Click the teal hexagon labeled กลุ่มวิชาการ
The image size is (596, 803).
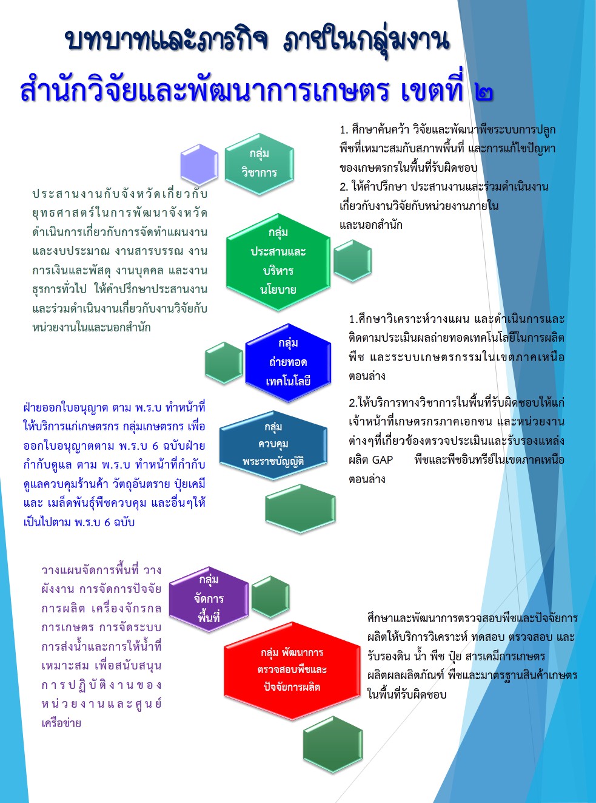point(259,164)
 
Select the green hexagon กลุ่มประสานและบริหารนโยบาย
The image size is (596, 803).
point(278,262)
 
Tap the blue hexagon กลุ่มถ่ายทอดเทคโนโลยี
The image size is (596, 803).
point(288,363)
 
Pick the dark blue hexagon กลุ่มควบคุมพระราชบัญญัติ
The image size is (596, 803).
point(273,445)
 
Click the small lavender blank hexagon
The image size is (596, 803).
point(199,164)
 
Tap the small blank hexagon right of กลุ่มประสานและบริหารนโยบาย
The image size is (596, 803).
point(352,260)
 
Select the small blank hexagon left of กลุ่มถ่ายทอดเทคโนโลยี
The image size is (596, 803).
point(224,363)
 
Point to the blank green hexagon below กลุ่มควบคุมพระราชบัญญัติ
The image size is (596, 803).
point(300,509)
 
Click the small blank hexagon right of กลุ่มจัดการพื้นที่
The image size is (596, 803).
point(270,597)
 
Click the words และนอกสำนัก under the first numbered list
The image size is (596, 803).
point(370,225)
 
